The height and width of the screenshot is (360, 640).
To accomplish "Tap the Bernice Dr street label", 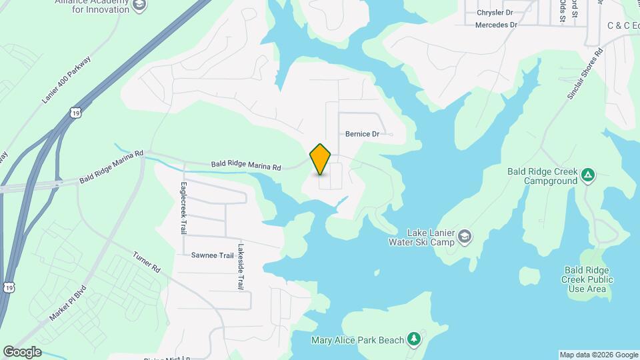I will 362,134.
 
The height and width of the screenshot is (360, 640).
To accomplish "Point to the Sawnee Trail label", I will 213,255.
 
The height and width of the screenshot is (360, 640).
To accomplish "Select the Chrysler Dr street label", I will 495,13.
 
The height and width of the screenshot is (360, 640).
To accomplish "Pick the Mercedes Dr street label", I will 496,25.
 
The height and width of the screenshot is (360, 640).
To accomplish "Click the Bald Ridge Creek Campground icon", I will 587,175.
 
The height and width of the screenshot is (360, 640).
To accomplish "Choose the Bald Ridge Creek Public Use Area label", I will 587,279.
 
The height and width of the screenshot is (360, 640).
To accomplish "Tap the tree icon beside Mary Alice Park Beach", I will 414,339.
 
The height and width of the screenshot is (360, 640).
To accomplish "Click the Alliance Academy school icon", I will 139,6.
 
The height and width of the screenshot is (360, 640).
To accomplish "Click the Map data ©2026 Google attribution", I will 599,355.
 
